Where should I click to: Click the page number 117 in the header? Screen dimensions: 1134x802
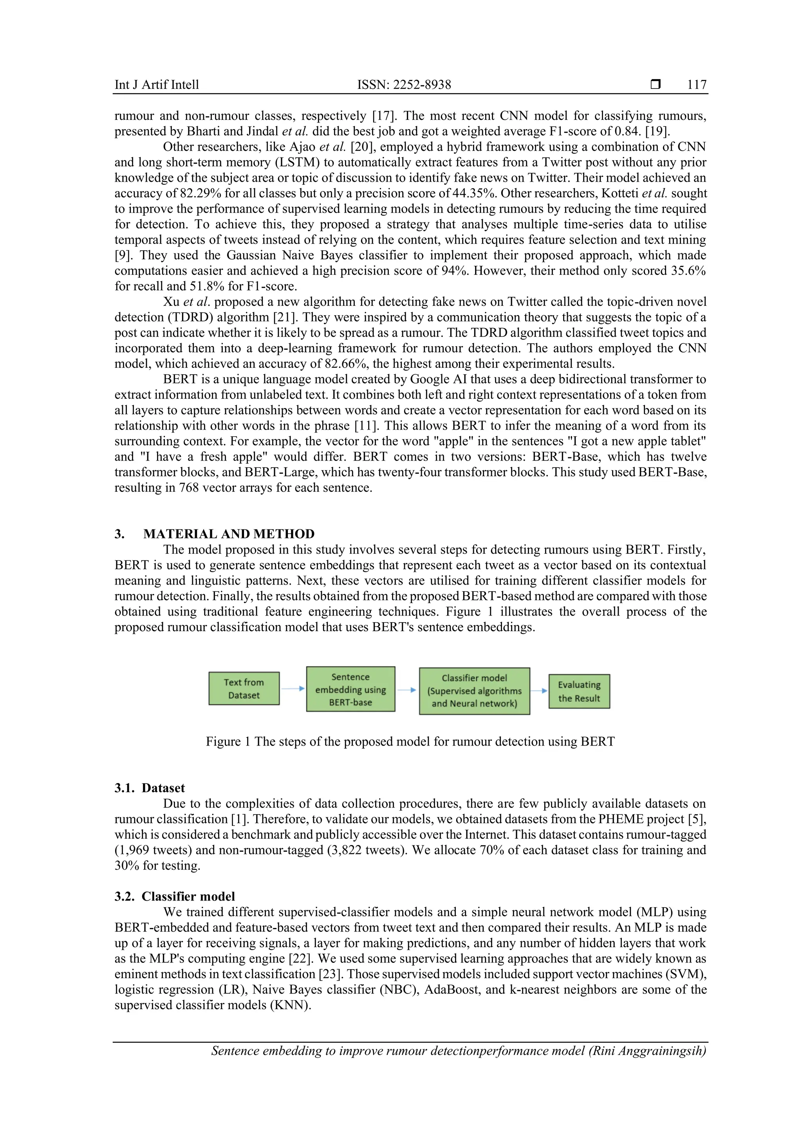coord(696,85)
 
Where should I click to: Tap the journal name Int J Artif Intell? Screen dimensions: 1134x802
coord(157,85)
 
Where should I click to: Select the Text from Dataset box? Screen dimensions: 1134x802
coord(244,688)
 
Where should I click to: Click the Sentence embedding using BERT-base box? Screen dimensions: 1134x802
coord(350,689)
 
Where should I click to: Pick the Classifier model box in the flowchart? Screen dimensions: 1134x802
coord(474,690)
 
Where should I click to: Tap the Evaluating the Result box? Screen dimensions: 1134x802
coord(579,691)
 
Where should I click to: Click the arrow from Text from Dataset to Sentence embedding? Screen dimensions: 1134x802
coord(293,688)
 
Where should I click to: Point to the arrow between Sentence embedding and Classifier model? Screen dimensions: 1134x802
coord(407,690)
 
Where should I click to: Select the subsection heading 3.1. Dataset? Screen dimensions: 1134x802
coord(150,788)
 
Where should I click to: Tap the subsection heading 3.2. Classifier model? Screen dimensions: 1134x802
coord(174,896)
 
